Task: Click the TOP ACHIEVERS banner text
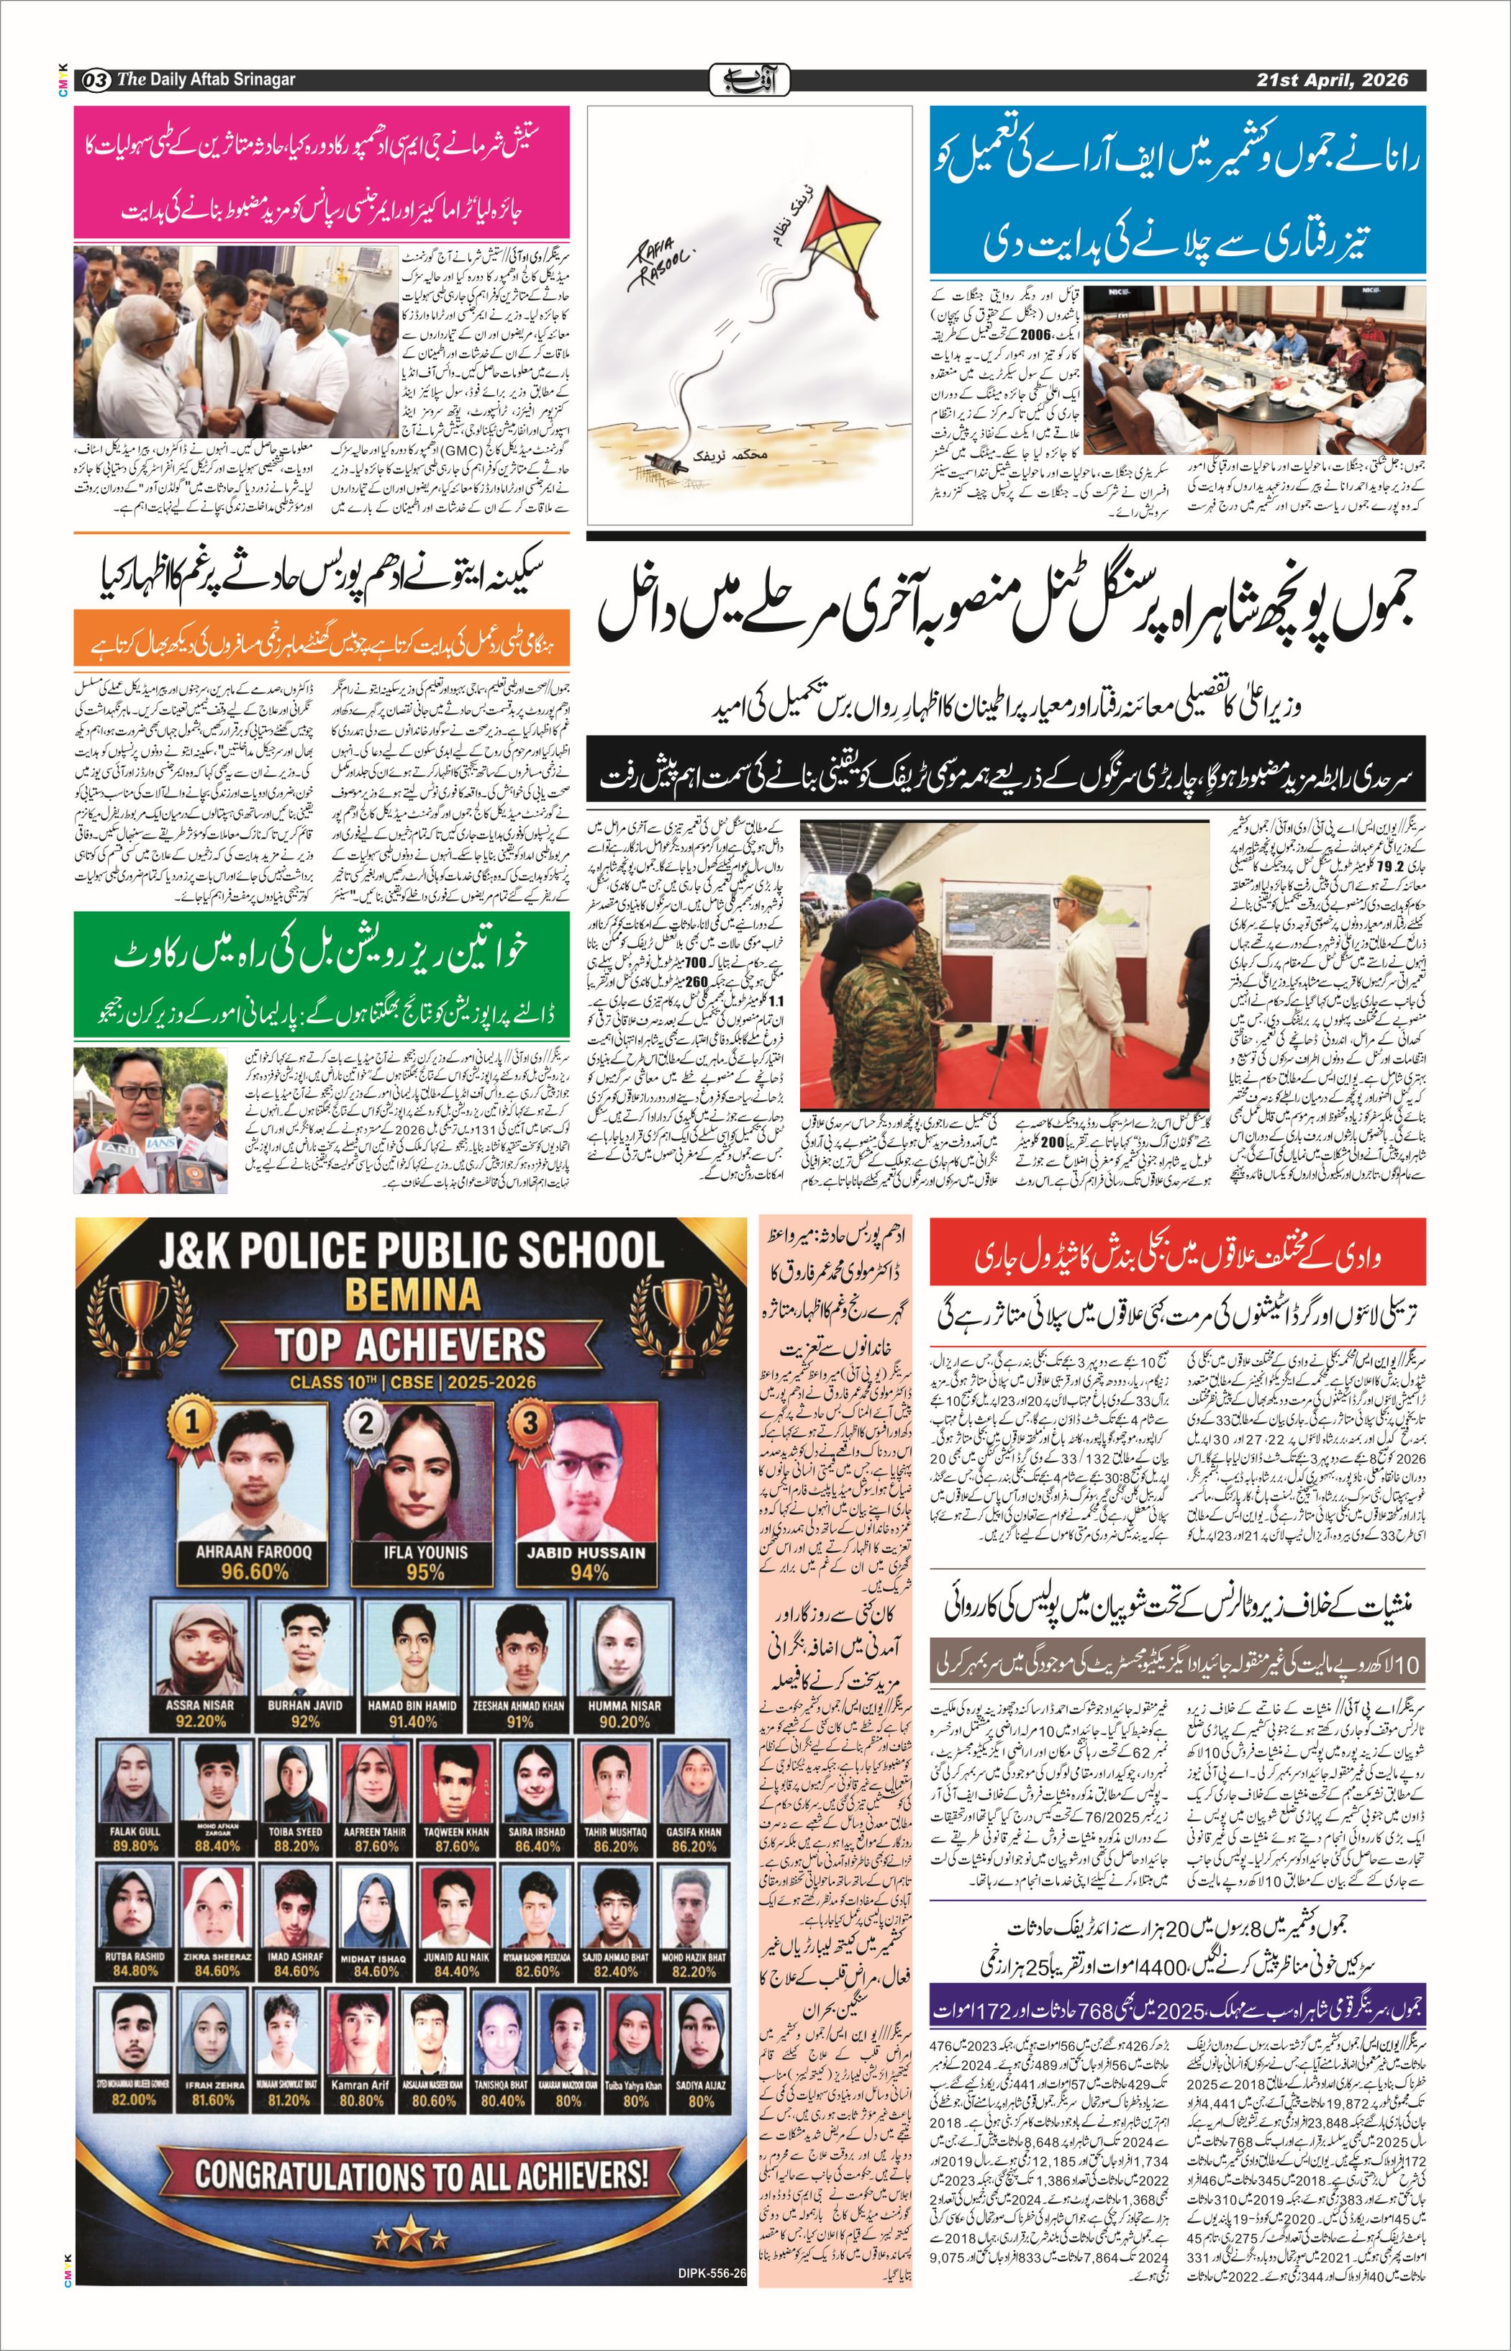(x=410, y=1344)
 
